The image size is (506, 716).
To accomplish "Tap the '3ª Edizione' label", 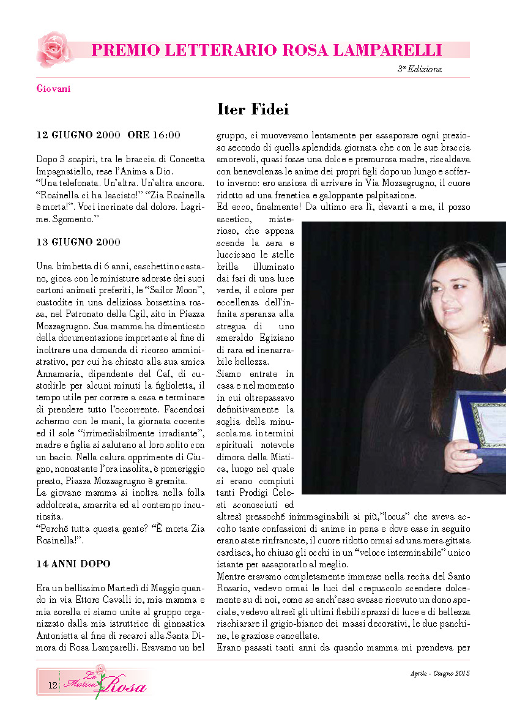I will click(420, 69).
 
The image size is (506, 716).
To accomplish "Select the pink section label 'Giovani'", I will click(53, 89).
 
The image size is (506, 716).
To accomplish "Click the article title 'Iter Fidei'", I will click(253, 110).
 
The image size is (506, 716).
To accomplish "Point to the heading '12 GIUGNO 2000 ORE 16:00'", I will click(108, 135).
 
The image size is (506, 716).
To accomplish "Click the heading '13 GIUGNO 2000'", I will click(78, 242).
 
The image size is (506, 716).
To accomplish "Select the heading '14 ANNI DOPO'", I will click(73, 563).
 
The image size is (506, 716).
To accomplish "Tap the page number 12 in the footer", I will click(53, 686).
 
